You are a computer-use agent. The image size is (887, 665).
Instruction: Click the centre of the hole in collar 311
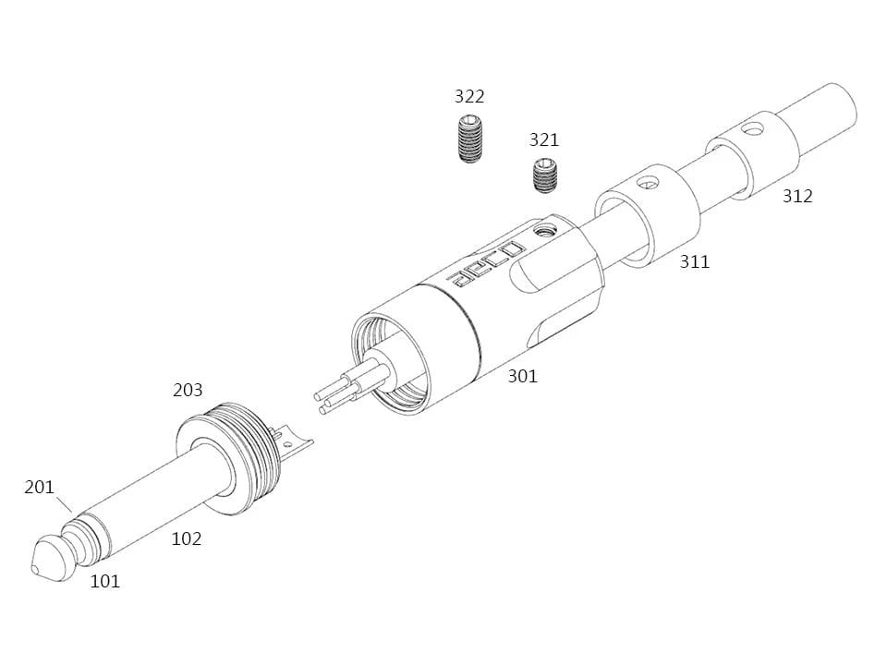point(646,183)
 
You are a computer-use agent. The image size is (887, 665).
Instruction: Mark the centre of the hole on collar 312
point(752,130)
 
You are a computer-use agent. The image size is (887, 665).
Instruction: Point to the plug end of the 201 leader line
point(72,513)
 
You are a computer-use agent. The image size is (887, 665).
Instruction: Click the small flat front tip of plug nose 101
point(35,568)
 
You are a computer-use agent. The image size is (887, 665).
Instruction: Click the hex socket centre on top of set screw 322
point(469,120)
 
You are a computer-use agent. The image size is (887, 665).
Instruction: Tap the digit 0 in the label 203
point(188,390)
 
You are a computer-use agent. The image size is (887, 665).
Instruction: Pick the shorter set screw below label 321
point(545,176)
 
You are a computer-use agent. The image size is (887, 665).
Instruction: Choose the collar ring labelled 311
point(647,215)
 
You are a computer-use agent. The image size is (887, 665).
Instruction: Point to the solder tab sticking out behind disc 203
point(294,441)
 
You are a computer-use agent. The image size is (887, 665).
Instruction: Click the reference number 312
point(797,196)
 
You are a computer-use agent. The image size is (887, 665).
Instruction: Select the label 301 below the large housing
point(522,376)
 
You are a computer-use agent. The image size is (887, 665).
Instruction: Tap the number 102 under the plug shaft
point(187,538)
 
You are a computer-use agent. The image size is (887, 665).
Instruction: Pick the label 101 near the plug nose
point(105,581)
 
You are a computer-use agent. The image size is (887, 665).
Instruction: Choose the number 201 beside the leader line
point(39,487)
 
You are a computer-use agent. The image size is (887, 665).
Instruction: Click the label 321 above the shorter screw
point(544,139)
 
